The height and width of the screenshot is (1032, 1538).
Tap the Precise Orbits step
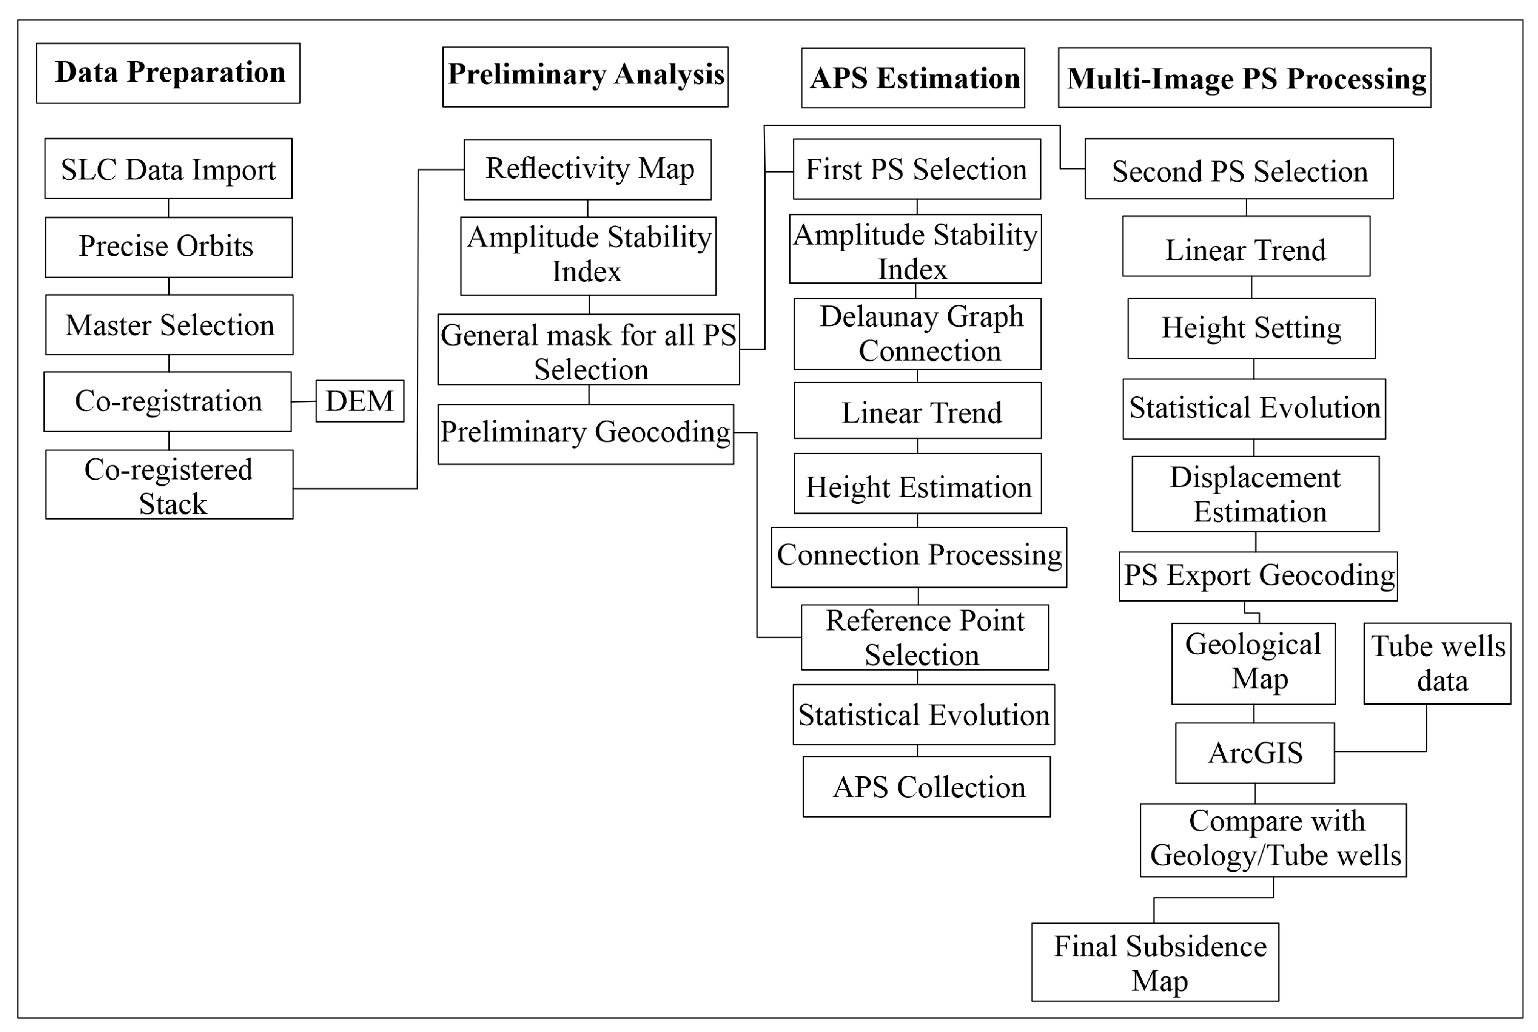pyautogui.click(x=168, y=247)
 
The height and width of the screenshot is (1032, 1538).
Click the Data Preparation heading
pyautogui.click(x=168, y=73)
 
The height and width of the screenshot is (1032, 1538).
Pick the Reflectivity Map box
pyautogui.click(x=587, y=169)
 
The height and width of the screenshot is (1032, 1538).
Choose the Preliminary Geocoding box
pyautogui.click(x=586, y=434)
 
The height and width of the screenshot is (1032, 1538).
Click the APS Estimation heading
pyautogui.click(x=913, y=78)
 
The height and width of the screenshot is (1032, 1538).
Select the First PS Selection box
pyautogui.click(x=916, y=169)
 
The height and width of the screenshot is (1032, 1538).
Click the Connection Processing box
pyautogui.click(x=918, y=557)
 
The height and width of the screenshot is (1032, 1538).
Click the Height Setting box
pyautogui.click(x=1251, y=329)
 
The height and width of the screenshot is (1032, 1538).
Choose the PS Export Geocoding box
pyautogui.click(x=1258, y=576)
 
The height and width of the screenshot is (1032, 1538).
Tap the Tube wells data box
pyautogui.click(x=1437, y=663)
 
